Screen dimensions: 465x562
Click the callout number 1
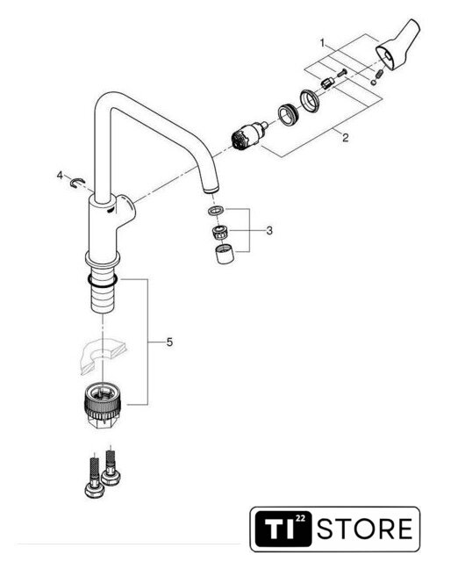[x=322, y=44]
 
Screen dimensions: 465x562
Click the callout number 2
[x=345, y=138]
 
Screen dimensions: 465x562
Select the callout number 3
[x=269, y=230]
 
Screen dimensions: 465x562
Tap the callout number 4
[x=60, y=176]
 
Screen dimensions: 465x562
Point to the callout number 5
[x=169, y=342]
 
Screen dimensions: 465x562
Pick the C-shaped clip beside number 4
[x=77, y=183]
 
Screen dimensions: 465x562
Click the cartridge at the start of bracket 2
[x=249, y=136]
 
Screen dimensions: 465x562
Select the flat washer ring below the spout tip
[x=216, y=211]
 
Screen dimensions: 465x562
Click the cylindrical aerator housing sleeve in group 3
[x=225, y=254]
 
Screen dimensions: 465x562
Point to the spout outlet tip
[x=211, y=189]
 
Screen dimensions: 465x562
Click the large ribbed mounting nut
[x=102, y=403]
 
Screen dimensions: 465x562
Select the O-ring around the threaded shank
[x=103, y=281]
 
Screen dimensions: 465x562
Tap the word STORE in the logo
[x=365, y=529]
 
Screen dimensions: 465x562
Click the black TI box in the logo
[x=283, y=529]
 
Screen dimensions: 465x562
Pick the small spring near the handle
[x=380, y=74]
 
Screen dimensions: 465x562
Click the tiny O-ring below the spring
[x=374, y=83]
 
